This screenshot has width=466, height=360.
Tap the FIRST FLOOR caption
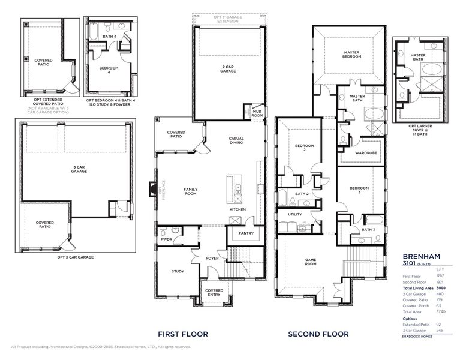[x=183, y=334]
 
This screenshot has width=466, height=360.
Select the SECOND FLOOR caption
[x=318, y=334]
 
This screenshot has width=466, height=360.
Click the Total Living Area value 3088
[x=440, y=288]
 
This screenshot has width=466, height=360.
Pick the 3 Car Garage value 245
[x=440, y=330]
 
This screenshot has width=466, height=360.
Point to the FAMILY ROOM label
[x=190, y=191]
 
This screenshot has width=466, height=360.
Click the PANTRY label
[x=246, y=233]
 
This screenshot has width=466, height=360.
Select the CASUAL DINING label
[x=236, y=141]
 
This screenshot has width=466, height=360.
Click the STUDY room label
[x=178, y=271]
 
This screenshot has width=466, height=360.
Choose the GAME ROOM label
[x=311, y=262]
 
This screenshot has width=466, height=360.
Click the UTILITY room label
[x=295, y=214]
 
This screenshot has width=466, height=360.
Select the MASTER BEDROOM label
[x=351, y=55]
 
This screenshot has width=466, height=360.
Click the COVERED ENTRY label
[x=214, y=293]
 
